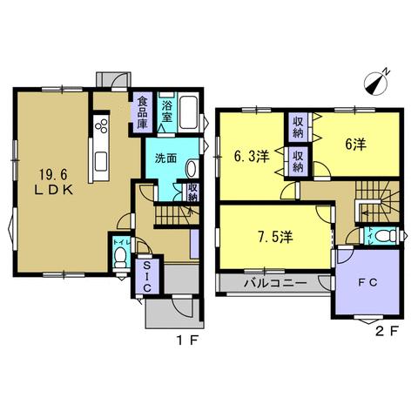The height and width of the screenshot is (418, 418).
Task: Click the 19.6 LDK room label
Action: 54,182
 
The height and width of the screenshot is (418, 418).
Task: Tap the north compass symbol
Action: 376,83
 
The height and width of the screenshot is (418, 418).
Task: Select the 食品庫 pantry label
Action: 142,113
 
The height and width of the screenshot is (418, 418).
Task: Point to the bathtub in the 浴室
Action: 189,112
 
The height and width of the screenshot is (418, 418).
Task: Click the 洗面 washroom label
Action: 165,158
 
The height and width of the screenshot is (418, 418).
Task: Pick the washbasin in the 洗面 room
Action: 192,168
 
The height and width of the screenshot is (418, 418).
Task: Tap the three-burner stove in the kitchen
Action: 102,126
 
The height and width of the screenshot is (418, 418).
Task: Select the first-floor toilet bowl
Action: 120,257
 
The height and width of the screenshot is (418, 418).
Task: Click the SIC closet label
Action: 147,276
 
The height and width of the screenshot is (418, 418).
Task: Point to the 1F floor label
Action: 186,340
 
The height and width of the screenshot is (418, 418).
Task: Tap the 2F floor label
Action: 387,331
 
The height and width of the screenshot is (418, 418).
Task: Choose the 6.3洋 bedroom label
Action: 252,157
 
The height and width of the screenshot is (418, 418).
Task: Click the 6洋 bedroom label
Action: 355,144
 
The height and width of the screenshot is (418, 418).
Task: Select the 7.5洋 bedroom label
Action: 275,237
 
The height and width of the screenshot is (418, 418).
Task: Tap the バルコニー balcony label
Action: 275,283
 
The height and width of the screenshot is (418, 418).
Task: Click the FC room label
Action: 367,282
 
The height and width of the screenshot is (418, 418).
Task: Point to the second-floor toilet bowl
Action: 385,235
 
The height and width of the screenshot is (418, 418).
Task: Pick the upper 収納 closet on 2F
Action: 298,127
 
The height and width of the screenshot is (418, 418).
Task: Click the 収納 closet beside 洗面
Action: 192,192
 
